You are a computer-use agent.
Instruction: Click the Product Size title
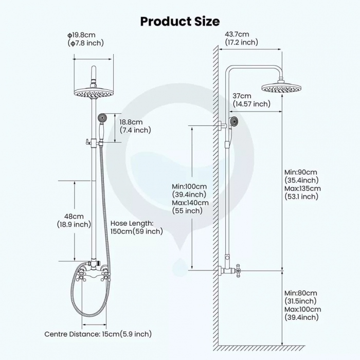[180, 22]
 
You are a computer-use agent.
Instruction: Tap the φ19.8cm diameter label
[81, 35]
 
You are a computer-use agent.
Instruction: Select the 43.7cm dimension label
[237, 34]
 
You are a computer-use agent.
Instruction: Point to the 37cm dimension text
[242, 96]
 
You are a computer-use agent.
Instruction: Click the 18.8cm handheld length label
[131, 122]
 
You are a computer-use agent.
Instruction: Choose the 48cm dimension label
[74, 217]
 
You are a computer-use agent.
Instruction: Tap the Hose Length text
[132, 223]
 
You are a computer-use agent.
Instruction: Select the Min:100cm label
[189, 186]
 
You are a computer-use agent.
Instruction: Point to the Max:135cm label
[302, 189]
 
